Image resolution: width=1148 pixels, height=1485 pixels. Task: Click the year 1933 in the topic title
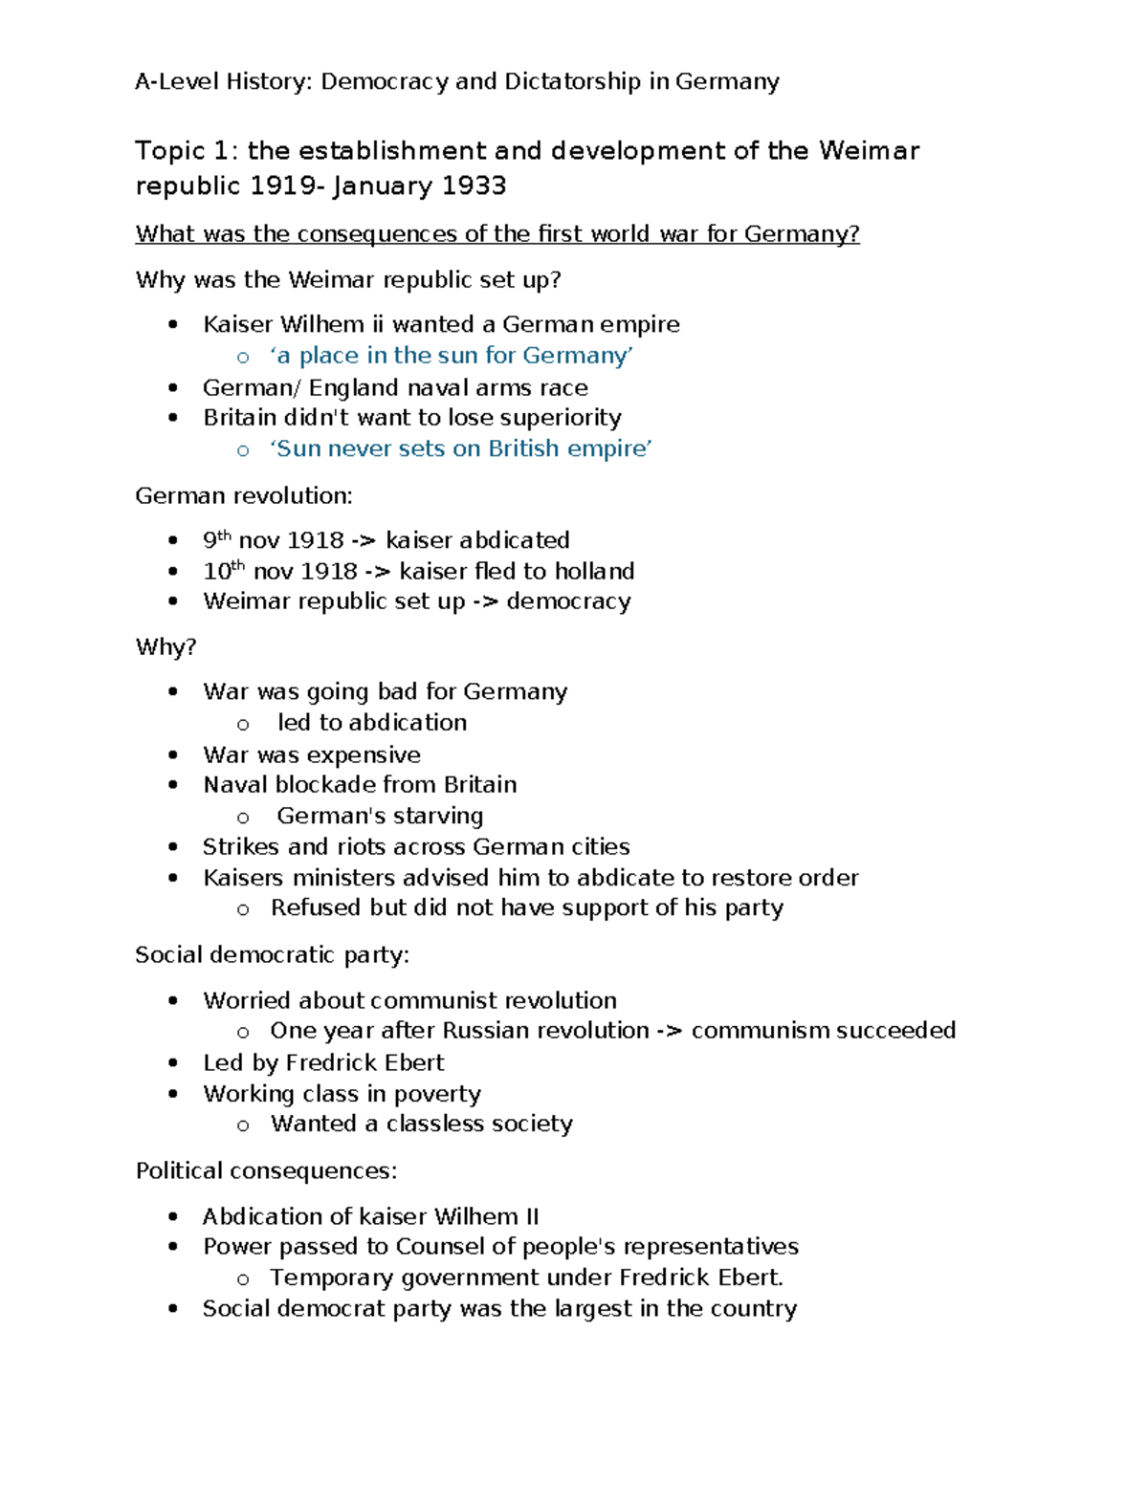click(474, 186)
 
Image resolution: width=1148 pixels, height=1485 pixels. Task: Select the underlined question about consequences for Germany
click(497, 234)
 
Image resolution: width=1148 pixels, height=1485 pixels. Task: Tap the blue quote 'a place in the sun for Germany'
click(451, 356)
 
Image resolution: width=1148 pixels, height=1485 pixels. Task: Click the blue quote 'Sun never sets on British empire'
click(460, 448)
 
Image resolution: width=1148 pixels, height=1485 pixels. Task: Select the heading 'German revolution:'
click(244, 495)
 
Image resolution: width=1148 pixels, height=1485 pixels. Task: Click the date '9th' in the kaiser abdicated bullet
click(217, 540)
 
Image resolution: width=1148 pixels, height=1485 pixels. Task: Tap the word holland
click(594, 571)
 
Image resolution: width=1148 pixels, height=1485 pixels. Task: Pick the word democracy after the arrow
click(568, 601)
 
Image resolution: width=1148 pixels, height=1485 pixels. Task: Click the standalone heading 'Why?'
click(166, 647)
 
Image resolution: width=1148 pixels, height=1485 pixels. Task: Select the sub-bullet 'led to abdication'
click(372, 723)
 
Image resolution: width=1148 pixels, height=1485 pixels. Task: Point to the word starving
click(441, 816)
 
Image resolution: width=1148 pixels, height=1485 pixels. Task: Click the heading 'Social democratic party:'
click(273, 954)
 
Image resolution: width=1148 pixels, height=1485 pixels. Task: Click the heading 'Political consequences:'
click(266, 1170)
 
